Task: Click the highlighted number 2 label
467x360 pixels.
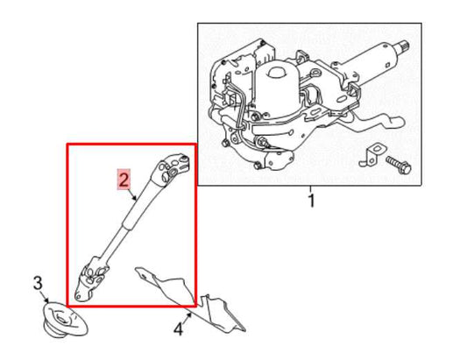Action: pyautogui.click(x=124, y=181)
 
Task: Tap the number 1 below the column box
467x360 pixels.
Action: pyautogui.click(x=310, y=202)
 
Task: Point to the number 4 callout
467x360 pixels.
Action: pyautogui.click(x=179, y=330)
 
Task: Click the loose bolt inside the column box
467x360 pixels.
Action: pyautogui.click(x=393, y=163)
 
